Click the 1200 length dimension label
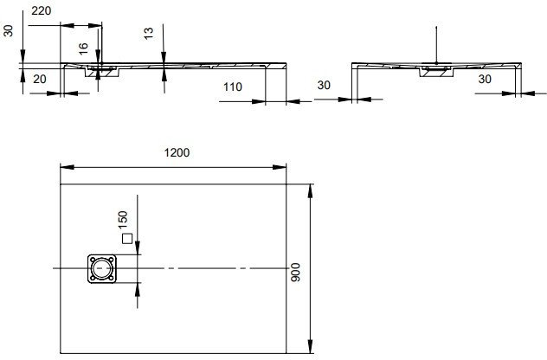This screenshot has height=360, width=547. click(x=177, y=152)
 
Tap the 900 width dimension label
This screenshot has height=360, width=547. click(x=295, y=273)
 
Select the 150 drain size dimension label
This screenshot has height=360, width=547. click(x=123, y=220)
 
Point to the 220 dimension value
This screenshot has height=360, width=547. click(x=42, y=10)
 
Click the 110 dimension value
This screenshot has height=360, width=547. click(x=233, y=87)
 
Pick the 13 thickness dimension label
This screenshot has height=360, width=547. click(x=149, y=34)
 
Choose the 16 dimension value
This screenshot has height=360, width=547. click(x=83, y=48)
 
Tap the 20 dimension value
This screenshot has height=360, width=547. click(x=40, y=80)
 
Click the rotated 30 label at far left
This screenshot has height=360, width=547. click(x=9, y=30)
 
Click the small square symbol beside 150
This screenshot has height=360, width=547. click(x=127, y=239)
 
